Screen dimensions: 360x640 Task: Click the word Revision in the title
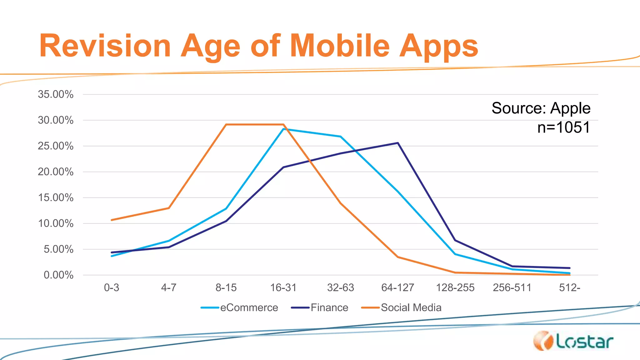(105, 46)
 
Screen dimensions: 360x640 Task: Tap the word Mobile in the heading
(340, 46)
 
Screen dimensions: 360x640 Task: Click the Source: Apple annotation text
(541, 108)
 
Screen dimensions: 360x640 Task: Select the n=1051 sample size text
(563, 127)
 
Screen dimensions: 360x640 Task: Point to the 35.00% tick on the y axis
(56, 94)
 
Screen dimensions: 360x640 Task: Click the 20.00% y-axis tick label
(56, 172)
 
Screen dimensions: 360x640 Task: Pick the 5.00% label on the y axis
(58, 249)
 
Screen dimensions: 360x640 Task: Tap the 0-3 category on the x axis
(112, 287)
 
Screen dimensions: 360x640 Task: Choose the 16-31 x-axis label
(283, 287)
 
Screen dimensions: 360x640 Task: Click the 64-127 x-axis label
(397, 287)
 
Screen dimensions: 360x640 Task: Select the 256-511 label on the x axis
(512, 287)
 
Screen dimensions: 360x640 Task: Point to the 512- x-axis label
(569, 287)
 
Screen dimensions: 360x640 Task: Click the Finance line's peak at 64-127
(397, 143)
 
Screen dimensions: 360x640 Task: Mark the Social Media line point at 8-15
(226, 124)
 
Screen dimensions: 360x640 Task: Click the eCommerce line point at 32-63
(340, 137)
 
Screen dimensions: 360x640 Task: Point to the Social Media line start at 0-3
(112, 220)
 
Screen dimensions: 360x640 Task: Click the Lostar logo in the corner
(573, 341)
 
